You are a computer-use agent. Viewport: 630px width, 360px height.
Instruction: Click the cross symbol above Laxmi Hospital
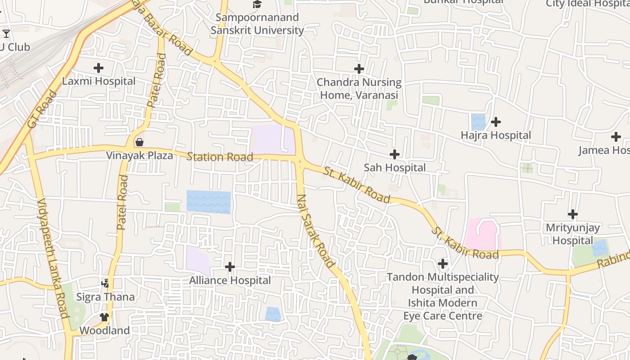click(99, 68)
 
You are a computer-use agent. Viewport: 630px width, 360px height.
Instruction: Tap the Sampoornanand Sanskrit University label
click(257, 24)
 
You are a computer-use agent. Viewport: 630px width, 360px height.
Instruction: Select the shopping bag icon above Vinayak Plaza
click(139, 142)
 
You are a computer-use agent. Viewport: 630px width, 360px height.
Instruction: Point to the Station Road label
click(220, 157)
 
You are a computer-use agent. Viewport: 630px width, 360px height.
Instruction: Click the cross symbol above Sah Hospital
click(395, 154)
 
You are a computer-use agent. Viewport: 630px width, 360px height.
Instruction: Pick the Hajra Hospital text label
click(496, 135)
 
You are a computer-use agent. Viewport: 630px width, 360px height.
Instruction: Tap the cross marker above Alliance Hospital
click(230, 267)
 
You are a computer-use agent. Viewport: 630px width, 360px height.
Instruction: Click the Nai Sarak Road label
click(316, 231)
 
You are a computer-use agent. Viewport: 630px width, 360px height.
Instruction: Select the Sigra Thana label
click(105, 297)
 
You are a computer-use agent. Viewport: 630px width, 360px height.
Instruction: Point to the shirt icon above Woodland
click(105, 317)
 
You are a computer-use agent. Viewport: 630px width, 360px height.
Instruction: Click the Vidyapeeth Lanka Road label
click(53, 258)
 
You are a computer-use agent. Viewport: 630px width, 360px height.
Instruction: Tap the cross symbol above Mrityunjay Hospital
click(573, 214)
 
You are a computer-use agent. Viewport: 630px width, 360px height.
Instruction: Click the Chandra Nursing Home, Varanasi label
click(359, 89)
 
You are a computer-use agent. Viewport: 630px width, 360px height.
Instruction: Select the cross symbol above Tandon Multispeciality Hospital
click(443, 263)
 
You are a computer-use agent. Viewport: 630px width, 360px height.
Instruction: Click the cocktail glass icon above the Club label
click(6, 33)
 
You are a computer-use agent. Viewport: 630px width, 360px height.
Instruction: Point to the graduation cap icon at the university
click(257, 4)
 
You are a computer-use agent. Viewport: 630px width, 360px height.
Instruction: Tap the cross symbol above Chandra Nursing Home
click(359, 69)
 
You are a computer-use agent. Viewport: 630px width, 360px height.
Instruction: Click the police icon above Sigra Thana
click(105, 283)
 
